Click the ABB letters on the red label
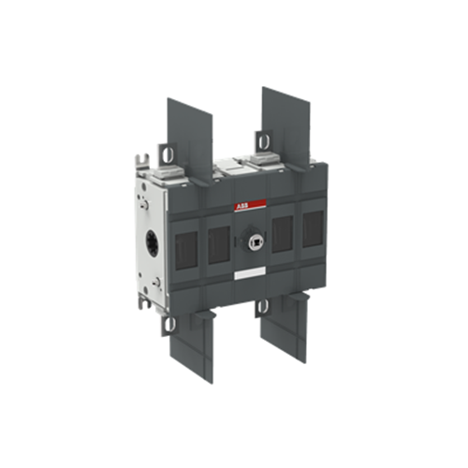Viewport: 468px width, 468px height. pos(241,206)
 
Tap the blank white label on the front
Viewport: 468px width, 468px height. pos(250,273)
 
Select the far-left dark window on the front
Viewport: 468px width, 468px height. pos(186,250)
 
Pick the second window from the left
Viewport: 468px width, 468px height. pos(219,245)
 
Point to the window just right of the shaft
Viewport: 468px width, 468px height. pos(283,234)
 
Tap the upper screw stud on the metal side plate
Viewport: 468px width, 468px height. pos(145,205)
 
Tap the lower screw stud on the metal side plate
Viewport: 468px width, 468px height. pos(155,283)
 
